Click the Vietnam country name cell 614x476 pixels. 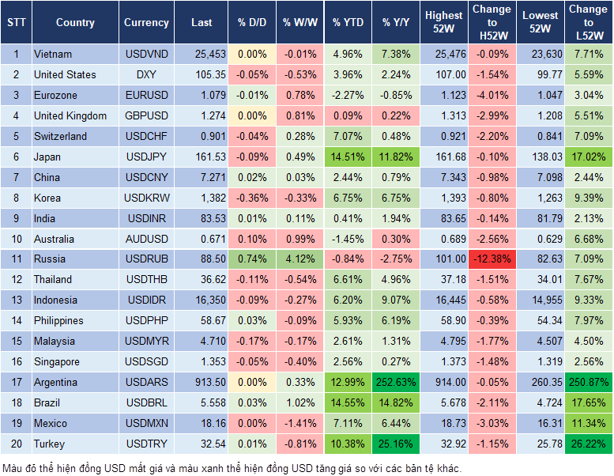(53, 54)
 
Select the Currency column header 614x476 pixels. (146, 23)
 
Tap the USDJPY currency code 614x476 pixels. (146, 157)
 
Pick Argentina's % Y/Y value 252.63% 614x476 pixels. (398, 383)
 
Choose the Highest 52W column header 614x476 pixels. (443, 23)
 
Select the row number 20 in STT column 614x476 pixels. (16, 444)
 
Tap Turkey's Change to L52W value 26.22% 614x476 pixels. (589, 444)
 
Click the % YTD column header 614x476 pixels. (348, 23)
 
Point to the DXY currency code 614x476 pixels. (146, 74)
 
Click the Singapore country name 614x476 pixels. (56, 362)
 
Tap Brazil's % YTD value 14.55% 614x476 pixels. (348, 403)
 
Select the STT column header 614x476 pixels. (16, 23)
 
